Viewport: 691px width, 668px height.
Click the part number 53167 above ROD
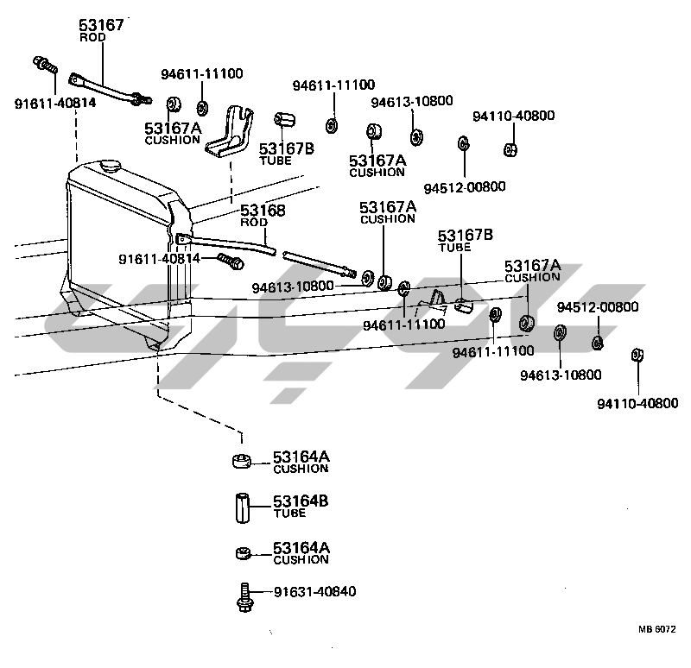[102, 25]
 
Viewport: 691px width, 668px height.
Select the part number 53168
[263, 210]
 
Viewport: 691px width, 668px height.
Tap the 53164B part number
[301, 501]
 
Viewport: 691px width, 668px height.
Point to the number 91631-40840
[315, 591]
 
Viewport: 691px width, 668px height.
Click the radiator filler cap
[110, 164]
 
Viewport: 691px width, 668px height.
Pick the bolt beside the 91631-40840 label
[243, 596]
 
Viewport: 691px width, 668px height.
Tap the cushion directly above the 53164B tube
[243, 460]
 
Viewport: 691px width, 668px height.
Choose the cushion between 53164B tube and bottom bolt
[243, 552]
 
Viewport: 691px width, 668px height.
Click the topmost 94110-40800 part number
[513, 116]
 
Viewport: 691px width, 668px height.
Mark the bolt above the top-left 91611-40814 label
[43, 65]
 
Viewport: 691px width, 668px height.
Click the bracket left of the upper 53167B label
[231, 132]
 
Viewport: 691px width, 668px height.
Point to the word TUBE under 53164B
[289, 514]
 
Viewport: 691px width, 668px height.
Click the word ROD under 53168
[254, 222]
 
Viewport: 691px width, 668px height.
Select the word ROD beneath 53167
[92, 38]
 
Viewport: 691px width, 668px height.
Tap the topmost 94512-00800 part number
[464, 186]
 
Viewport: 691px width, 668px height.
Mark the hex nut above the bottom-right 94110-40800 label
[637, 355]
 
